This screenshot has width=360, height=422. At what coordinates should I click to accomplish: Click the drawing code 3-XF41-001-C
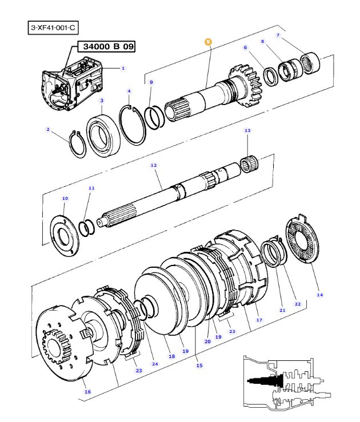(x=52, y=27)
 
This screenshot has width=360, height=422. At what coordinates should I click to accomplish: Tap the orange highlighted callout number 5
(x=208, y=42)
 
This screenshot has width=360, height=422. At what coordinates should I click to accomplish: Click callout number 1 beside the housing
(x=123, y=69)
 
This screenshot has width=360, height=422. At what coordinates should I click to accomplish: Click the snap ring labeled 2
(x=77, y=144)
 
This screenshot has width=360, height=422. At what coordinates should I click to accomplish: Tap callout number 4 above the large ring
(x=129, y=91)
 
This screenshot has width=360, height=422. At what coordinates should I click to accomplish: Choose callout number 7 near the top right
(x=278, y=35)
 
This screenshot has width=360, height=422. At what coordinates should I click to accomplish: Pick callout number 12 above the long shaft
(x=153, y=165)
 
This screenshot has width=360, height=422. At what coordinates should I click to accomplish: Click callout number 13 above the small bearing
(x=247, y=131)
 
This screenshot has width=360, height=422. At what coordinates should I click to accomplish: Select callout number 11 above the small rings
(x=91, y=188)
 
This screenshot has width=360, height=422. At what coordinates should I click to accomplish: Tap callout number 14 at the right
(x=319, y=295)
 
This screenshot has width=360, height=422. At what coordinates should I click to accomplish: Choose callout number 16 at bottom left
(x=87, y=392)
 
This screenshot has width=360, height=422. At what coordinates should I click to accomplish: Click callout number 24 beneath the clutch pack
(x=155, y=364)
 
